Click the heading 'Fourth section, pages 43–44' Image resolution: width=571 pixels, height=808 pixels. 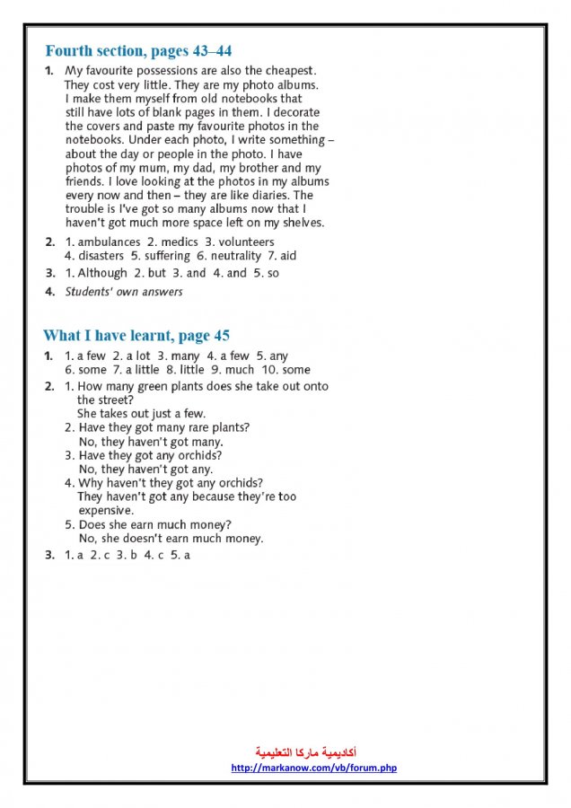[138, 50]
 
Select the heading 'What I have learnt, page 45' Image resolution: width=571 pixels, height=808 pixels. [136, 336]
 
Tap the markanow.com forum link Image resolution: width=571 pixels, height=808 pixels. [313, 768]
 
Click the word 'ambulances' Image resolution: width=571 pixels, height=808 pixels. [109, 242]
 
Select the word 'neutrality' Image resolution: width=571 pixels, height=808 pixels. [236, 256]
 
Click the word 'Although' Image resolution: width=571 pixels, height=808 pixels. [102, 273]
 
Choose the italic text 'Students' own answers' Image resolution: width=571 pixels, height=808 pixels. [124, 292]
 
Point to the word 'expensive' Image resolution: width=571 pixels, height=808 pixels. [105, 510]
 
